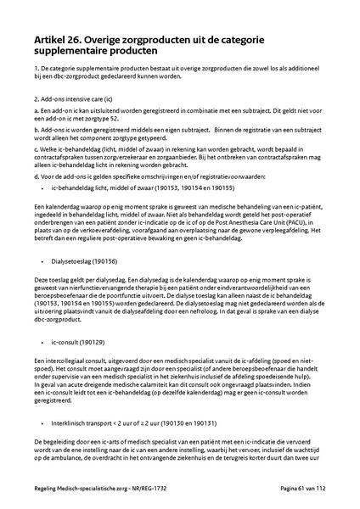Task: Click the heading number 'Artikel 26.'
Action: click(x=59, y=39)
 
